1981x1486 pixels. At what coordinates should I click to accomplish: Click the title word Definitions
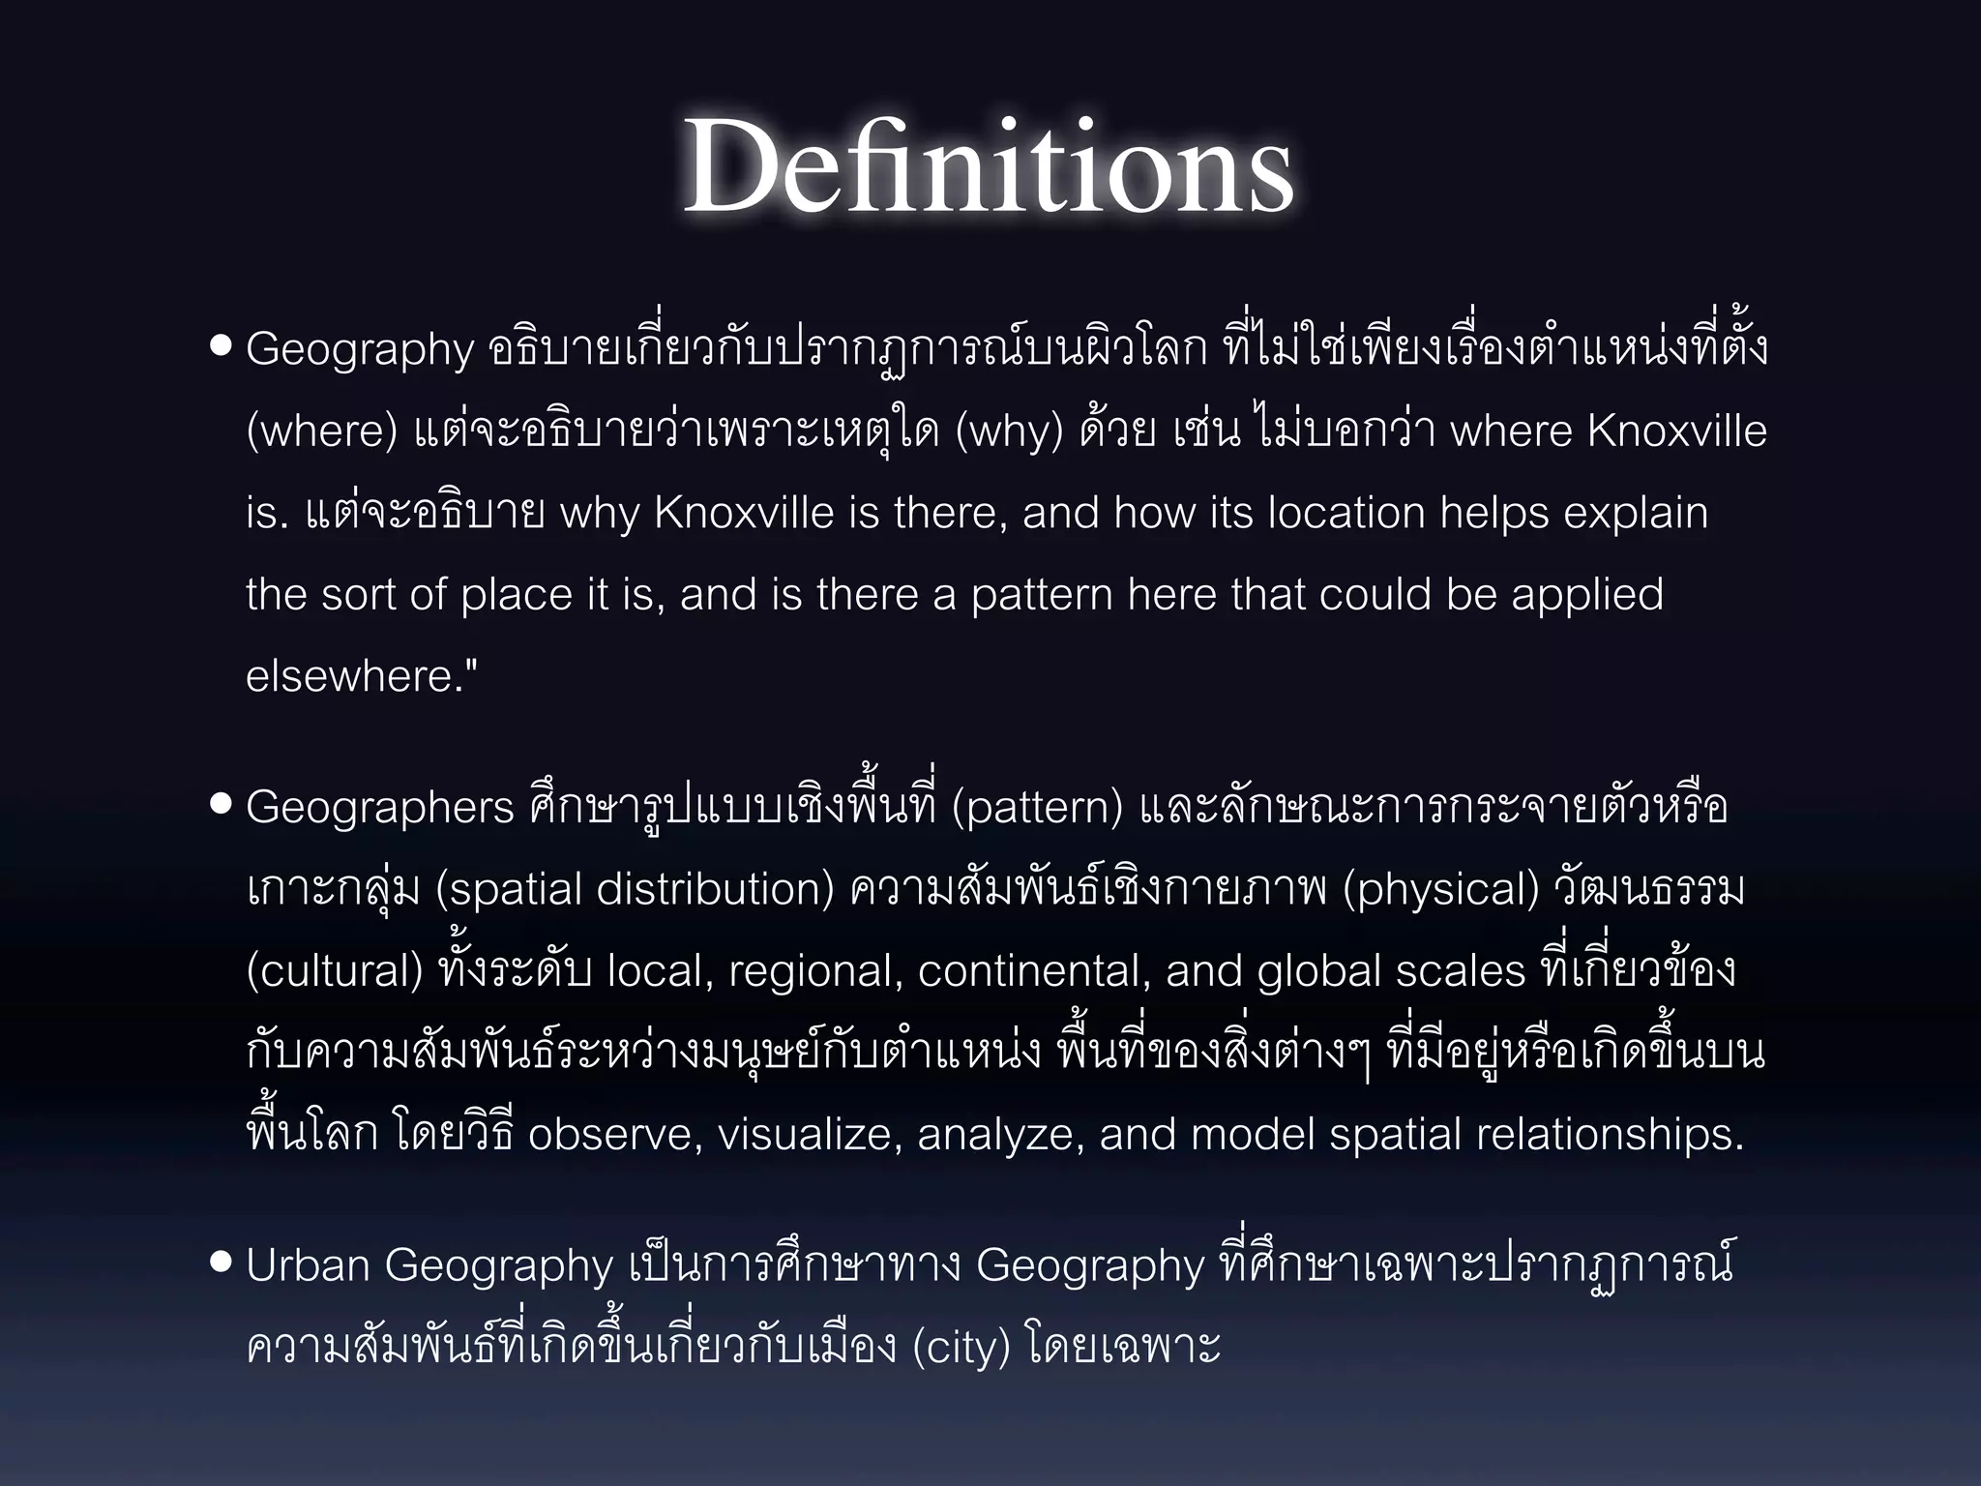[x=989, y=166]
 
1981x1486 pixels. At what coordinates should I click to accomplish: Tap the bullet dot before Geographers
[x=221, y=805]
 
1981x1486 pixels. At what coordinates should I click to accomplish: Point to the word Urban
[x=307, y=1265]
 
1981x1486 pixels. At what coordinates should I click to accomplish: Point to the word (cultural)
[x=335, y=971]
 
